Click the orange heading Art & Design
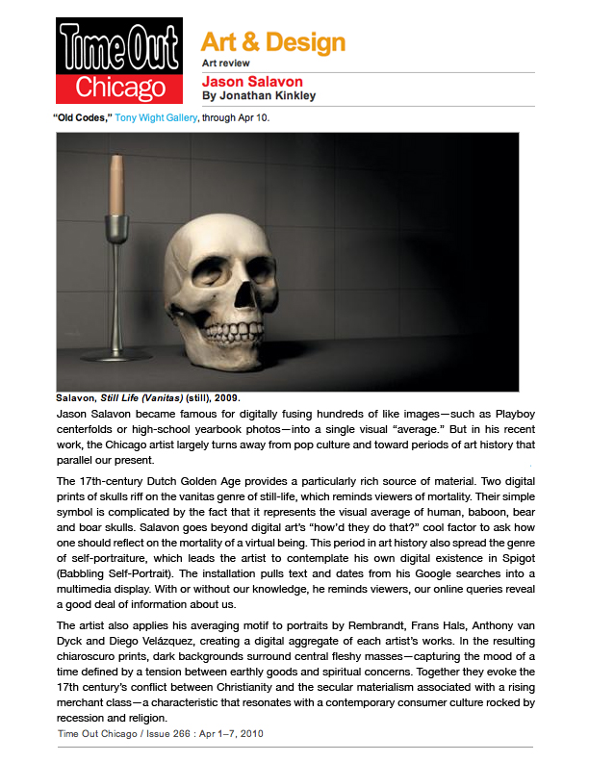click(x=272, y=41)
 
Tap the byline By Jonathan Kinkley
click(x=258, y=95)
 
